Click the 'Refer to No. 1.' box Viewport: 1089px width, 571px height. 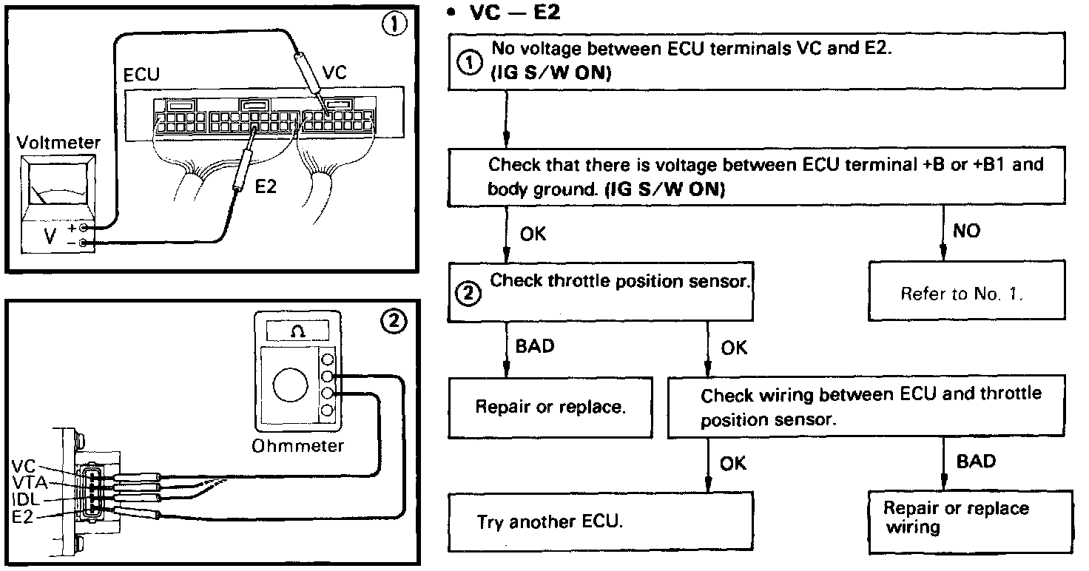click(x=961, y=294)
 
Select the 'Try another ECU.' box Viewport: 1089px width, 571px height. click(x=600, y=521)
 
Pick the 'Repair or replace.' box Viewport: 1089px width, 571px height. click(x=550, y=407)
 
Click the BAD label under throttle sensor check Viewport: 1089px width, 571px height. click(x=535, y=346)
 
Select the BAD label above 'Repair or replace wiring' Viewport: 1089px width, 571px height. click(x=976, y=462)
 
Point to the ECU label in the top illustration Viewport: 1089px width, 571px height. click(x=142, y=75)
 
